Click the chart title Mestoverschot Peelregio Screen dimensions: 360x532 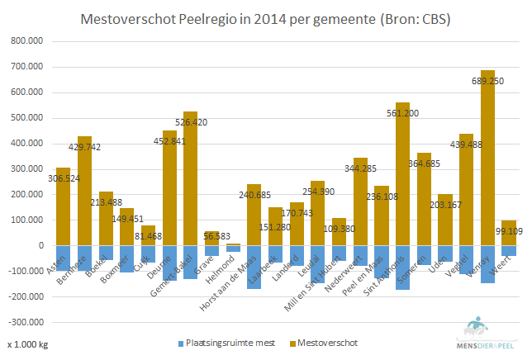pyautogui.click(x=265, y=17)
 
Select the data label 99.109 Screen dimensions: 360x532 pyautogui.click(x=511, y=231)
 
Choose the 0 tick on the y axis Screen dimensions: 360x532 pyautogui.click(x=40, y=246)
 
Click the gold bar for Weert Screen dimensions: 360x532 pyautogui.click(x=509, y=233)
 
